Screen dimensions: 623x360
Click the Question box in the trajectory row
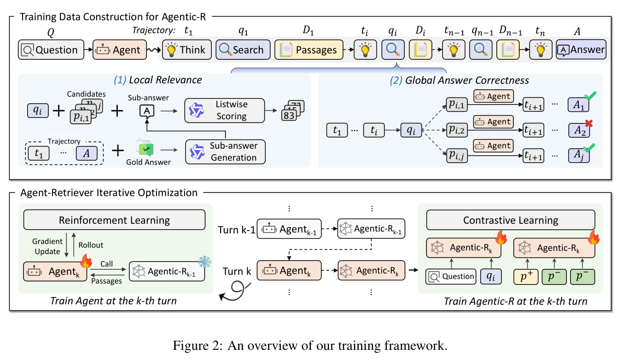[51, 50]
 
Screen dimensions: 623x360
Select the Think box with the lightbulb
[186, 50]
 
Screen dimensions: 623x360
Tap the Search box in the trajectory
[243, 50]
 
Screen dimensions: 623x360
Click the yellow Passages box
[309, 50]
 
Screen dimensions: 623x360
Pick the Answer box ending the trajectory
[581, 50]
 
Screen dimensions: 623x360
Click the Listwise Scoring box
[225, 110]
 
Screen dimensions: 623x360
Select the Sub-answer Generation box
[225, 151]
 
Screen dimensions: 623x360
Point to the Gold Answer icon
[145, 147]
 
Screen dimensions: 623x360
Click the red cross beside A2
[589, 123]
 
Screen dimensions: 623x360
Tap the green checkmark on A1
[590, 96]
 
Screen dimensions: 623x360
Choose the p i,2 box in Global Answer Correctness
[457, 130]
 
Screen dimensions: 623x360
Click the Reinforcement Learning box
[114, 220]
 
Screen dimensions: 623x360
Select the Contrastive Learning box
[511, 220]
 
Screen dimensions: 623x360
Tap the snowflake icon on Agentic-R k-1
[205, 262]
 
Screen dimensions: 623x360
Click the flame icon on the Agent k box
[86, 261]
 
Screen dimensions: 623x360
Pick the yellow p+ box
[526, 277]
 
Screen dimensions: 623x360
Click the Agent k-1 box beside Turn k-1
[289, 229]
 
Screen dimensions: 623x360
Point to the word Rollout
[91, 245]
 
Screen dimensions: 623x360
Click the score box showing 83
[289, 115]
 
